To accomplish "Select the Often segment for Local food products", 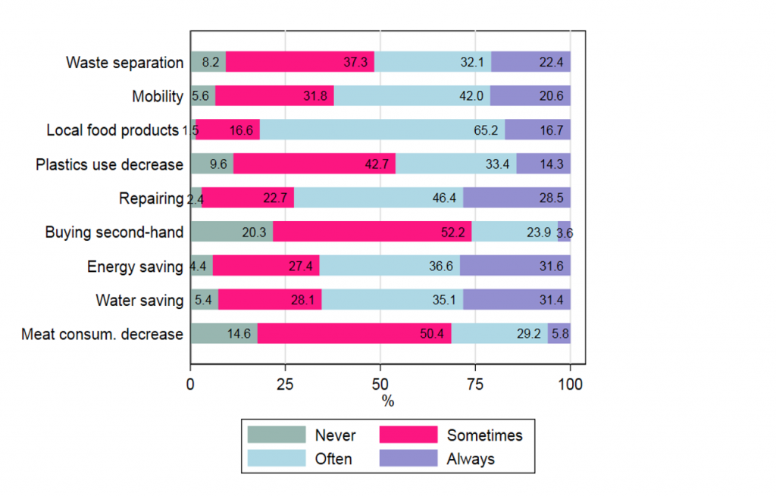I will (382, 130).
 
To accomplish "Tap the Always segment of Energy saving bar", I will (515, 267).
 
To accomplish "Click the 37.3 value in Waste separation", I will (355, 63).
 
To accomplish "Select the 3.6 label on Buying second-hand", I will (565, 233).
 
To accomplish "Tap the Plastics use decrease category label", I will (110, 164).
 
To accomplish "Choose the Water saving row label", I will (139, 301).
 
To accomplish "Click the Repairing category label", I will (151, 198).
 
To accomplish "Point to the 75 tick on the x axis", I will (475, 384).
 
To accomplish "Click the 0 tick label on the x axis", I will (190, 384).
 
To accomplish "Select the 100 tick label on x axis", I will (570, 384).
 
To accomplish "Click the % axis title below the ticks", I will (387, 401).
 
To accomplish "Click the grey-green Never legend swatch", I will (277, 435).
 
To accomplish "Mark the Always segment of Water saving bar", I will (516, 301).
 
